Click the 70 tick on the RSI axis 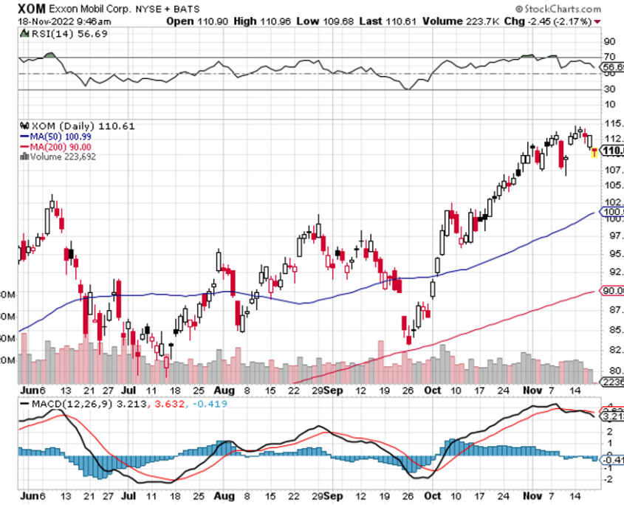pyautogui.click(x=610, y=57)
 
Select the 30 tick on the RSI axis pyautogui.click(x=610, y=90)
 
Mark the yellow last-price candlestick pyautogui.click(x=594, y=152)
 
